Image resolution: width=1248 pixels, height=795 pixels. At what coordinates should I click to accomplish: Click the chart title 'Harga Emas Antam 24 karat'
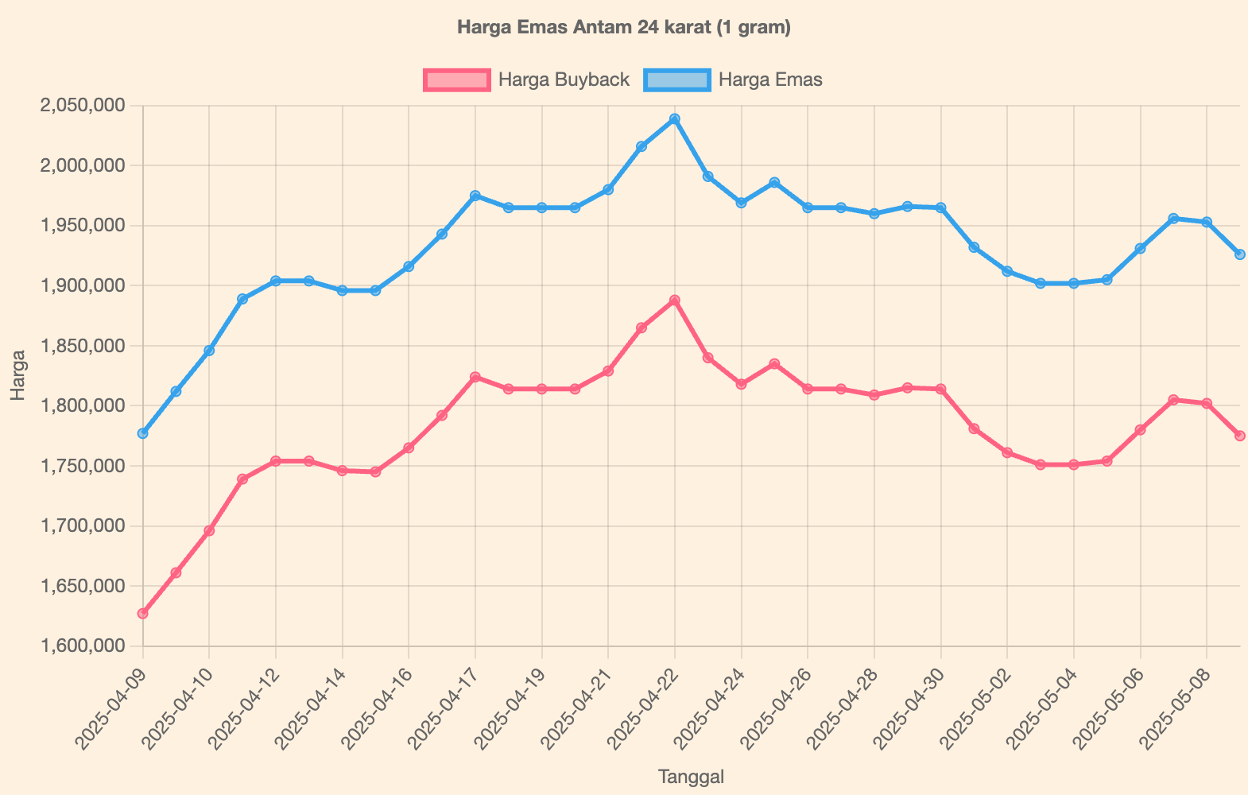(x=624, y=28)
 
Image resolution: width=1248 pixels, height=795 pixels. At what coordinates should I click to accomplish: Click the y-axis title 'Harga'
(x=19, y=375)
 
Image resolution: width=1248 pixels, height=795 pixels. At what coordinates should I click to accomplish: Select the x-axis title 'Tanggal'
(x=691, y=777)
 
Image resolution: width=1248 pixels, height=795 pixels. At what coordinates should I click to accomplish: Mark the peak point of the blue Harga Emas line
(x=675, y=119)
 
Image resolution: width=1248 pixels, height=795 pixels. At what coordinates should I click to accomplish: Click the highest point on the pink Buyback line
(x=675, y=301)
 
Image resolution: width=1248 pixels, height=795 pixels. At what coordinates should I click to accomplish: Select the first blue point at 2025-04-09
(x=143, y=433)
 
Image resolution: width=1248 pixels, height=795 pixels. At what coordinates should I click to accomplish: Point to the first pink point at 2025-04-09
(x=143, y=614)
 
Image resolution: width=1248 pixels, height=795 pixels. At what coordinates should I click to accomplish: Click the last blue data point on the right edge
(x=1239, y=254)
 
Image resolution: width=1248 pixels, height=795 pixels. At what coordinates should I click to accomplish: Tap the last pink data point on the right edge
(x=1239, y=436)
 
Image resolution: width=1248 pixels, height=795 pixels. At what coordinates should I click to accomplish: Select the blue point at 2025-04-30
(x=941, y=207)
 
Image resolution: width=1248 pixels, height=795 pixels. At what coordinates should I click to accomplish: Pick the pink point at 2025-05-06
(x=1141, y=430)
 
